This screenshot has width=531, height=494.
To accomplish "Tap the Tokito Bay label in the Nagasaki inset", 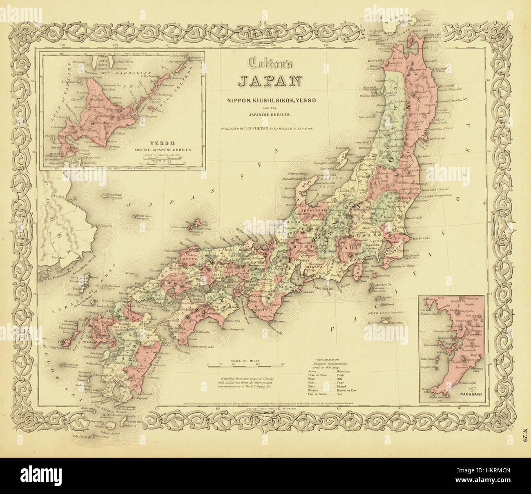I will pos(473,300).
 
